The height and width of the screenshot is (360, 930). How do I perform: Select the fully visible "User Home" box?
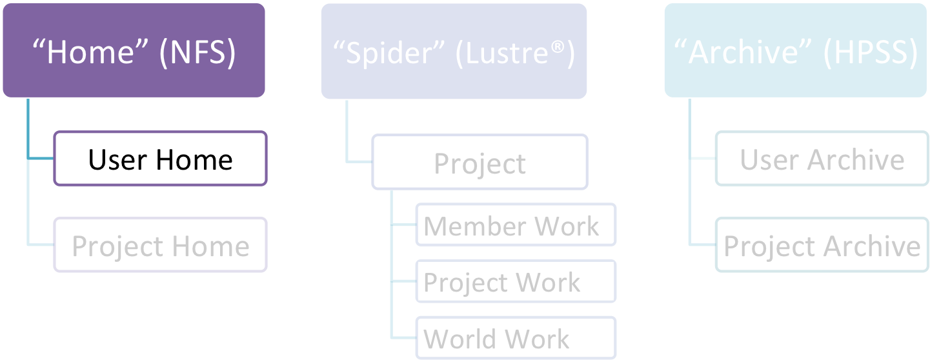(160, 159)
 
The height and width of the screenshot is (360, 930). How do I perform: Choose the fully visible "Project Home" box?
(160, 246)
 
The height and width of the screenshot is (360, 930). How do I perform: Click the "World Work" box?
(515, 339)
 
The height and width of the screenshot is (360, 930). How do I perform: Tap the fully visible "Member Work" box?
(515, 226)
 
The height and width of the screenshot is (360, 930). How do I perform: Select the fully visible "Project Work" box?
(515, 282)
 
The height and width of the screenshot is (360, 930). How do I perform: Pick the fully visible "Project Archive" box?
(822, 246)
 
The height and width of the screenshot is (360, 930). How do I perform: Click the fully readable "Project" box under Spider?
(480, 164)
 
